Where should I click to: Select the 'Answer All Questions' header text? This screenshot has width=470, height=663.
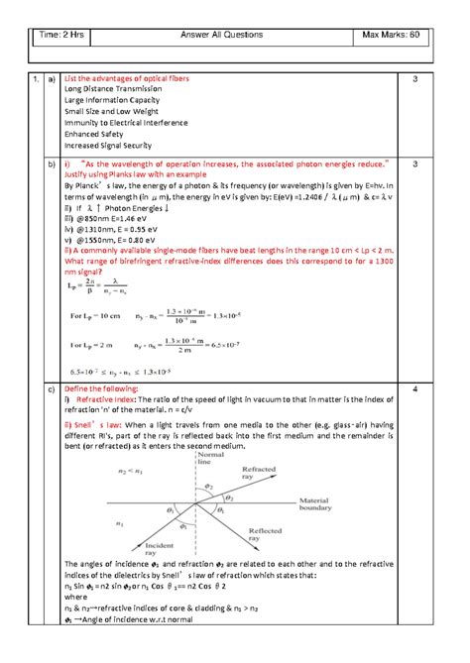point(222,36)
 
